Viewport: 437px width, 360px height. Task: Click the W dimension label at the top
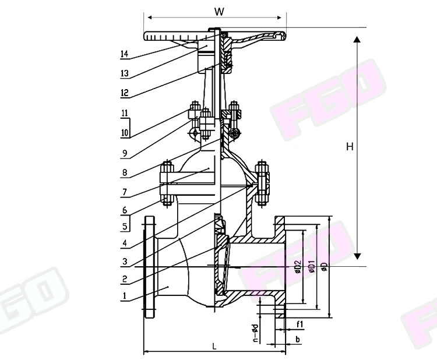219,12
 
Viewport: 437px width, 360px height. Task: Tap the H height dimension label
350,146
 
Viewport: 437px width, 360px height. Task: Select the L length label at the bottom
214,347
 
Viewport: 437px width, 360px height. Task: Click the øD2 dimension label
298,267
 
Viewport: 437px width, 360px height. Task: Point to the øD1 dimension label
311,267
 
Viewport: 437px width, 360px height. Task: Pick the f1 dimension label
299,324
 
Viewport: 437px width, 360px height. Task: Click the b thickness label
298,339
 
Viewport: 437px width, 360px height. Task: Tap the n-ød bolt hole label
255,333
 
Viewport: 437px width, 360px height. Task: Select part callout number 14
124,54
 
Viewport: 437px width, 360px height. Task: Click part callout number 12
125,93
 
